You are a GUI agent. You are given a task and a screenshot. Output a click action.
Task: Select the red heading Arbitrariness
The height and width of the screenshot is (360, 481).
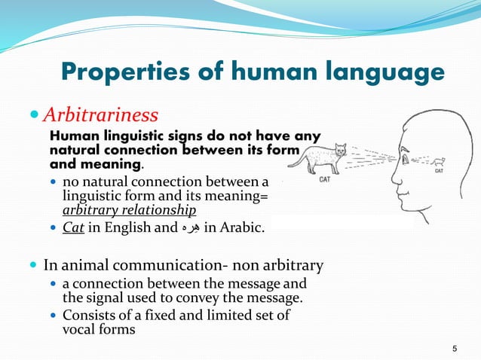[100, 115]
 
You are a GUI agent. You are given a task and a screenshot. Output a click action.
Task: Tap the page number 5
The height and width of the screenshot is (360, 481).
[455, 348]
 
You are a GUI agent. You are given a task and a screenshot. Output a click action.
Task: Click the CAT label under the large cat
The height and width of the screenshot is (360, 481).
[324, 179]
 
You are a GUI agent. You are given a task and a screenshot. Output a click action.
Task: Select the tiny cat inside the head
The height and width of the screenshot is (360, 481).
[440, 160]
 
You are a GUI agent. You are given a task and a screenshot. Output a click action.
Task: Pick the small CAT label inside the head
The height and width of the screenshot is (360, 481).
[440, 171]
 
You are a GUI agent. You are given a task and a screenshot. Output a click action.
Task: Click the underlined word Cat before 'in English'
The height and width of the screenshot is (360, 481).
[73, 228]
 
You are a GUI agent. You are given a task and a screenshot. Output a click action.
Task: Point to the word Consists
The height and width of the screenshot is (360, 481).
[88, 315]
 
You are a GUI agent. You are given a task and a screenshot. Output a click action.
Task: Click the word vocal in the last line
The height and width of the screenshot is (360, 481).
[78, 328]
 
